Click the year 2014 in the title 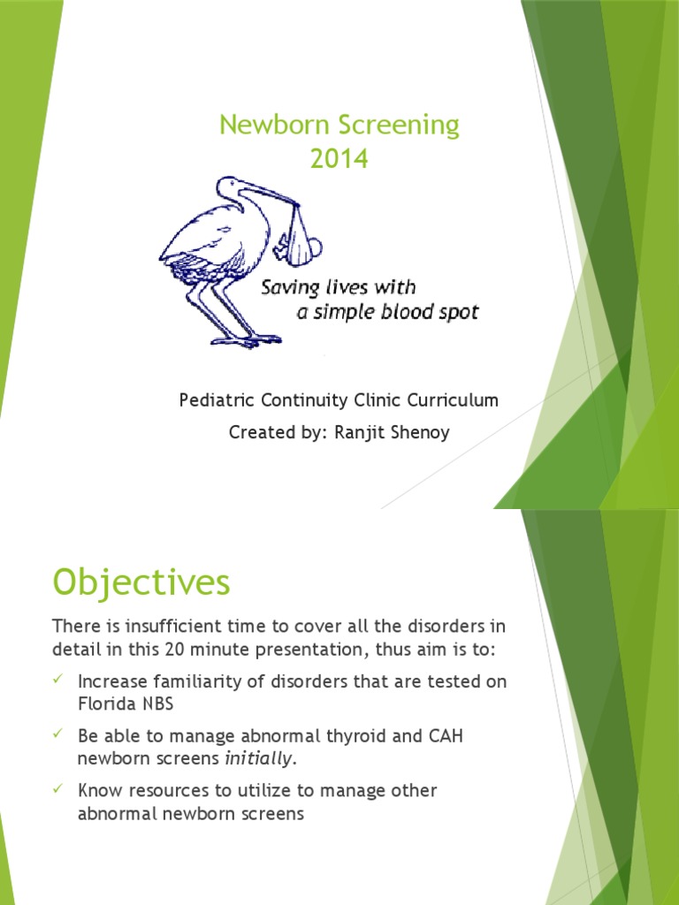point(339,159)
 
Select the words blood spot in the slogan point(433,313)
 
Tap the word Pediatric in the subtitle point(216,400)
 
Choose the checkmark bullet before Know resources point(58,790)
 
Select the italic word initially point(257,758)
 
